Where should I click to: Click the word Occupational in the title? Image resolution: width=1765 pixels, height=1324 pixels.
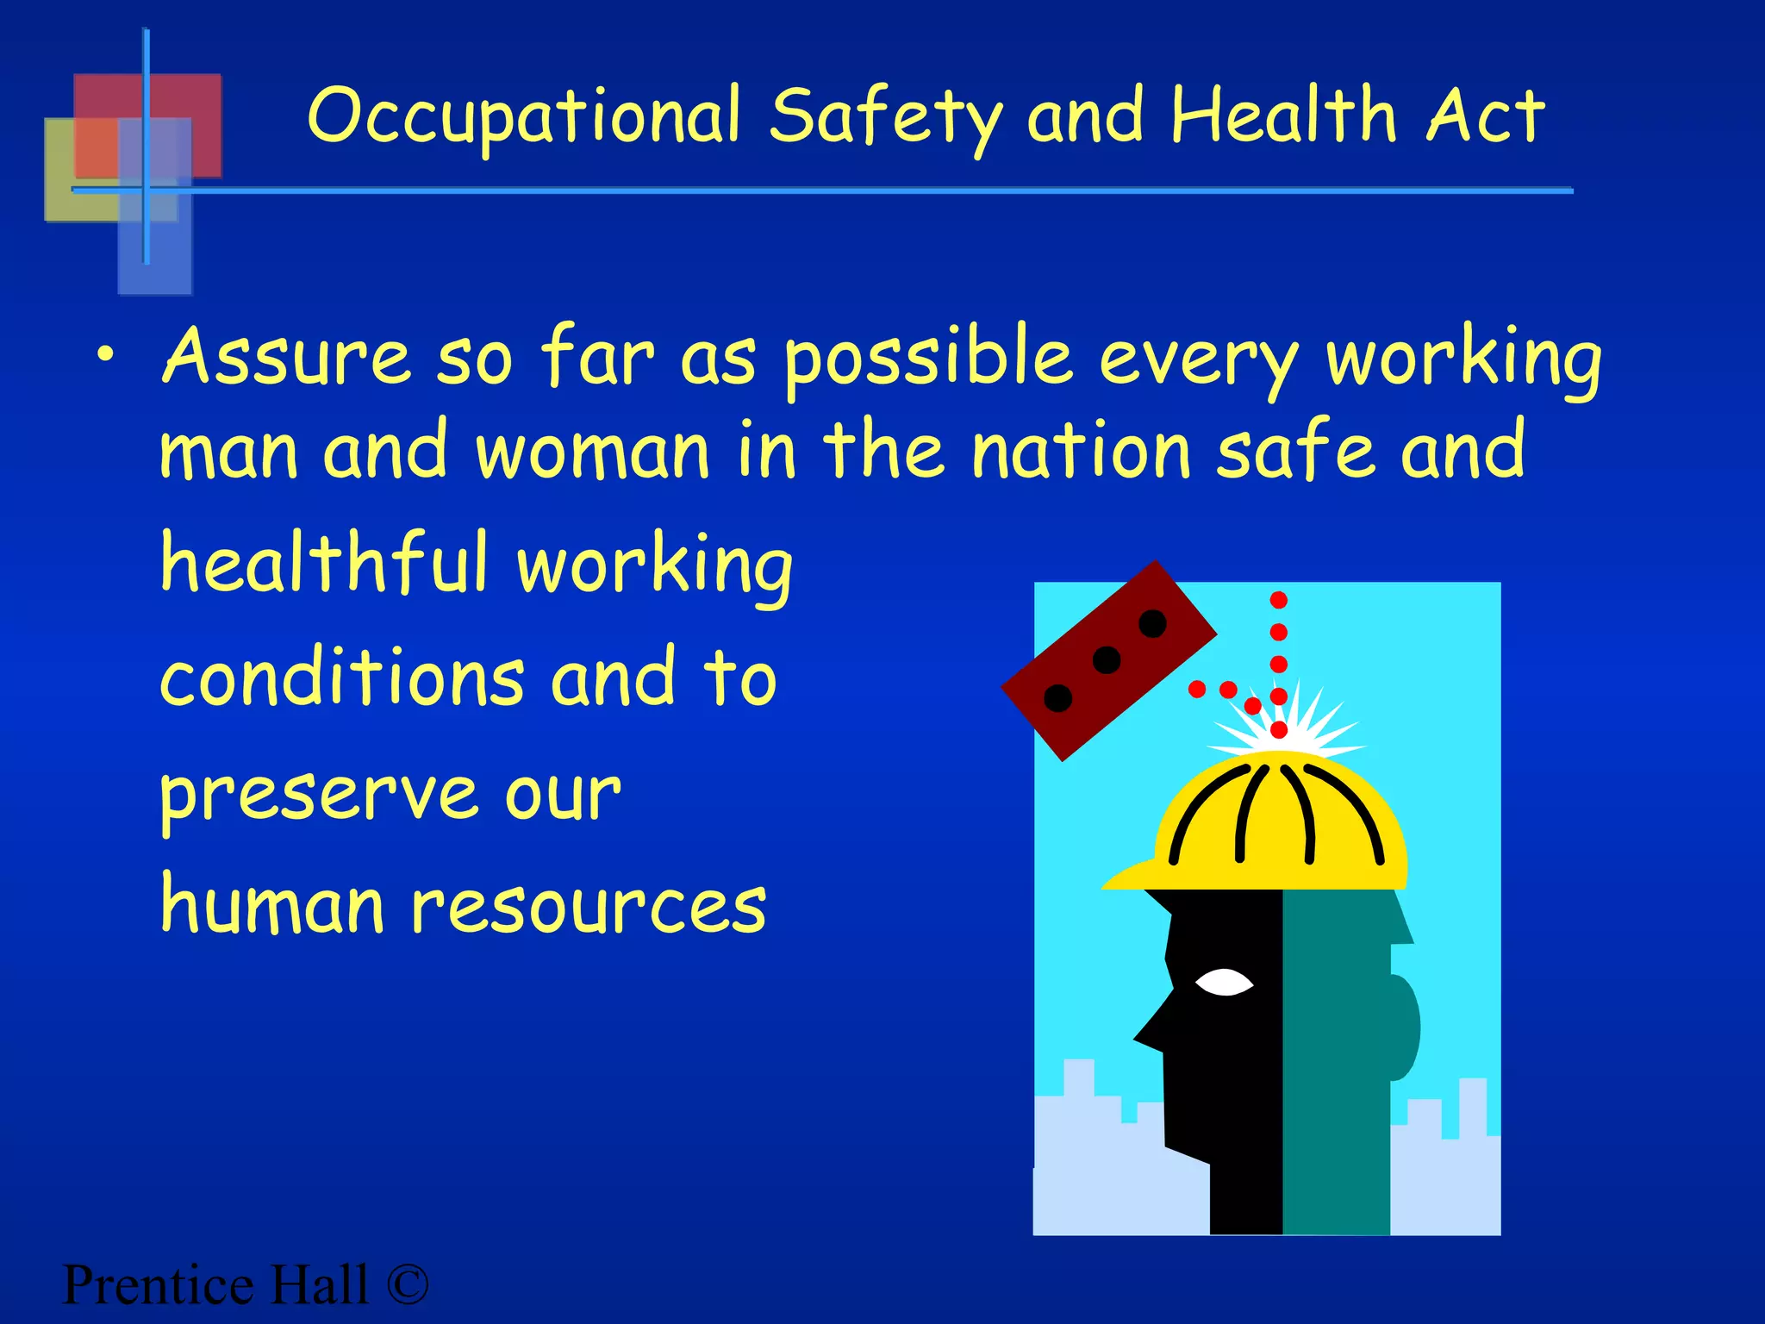(524, 117)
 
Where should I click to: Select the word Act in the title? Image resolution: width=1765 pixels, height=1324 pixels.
(1484, 117)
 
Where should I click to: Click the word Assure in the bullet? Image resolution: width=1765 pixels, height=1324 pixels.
(286, 357)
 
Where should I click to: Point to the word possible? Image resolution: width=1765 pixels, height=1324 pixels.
(927, 359)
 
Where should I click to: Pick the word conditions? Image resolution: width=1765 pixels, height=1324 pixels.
(341, 678)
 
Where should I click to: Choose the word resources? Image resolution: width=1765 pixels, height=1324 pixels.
(588, 907)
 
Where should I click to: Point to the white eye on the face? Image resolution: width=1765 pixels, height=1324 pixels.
(1224, 982)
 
